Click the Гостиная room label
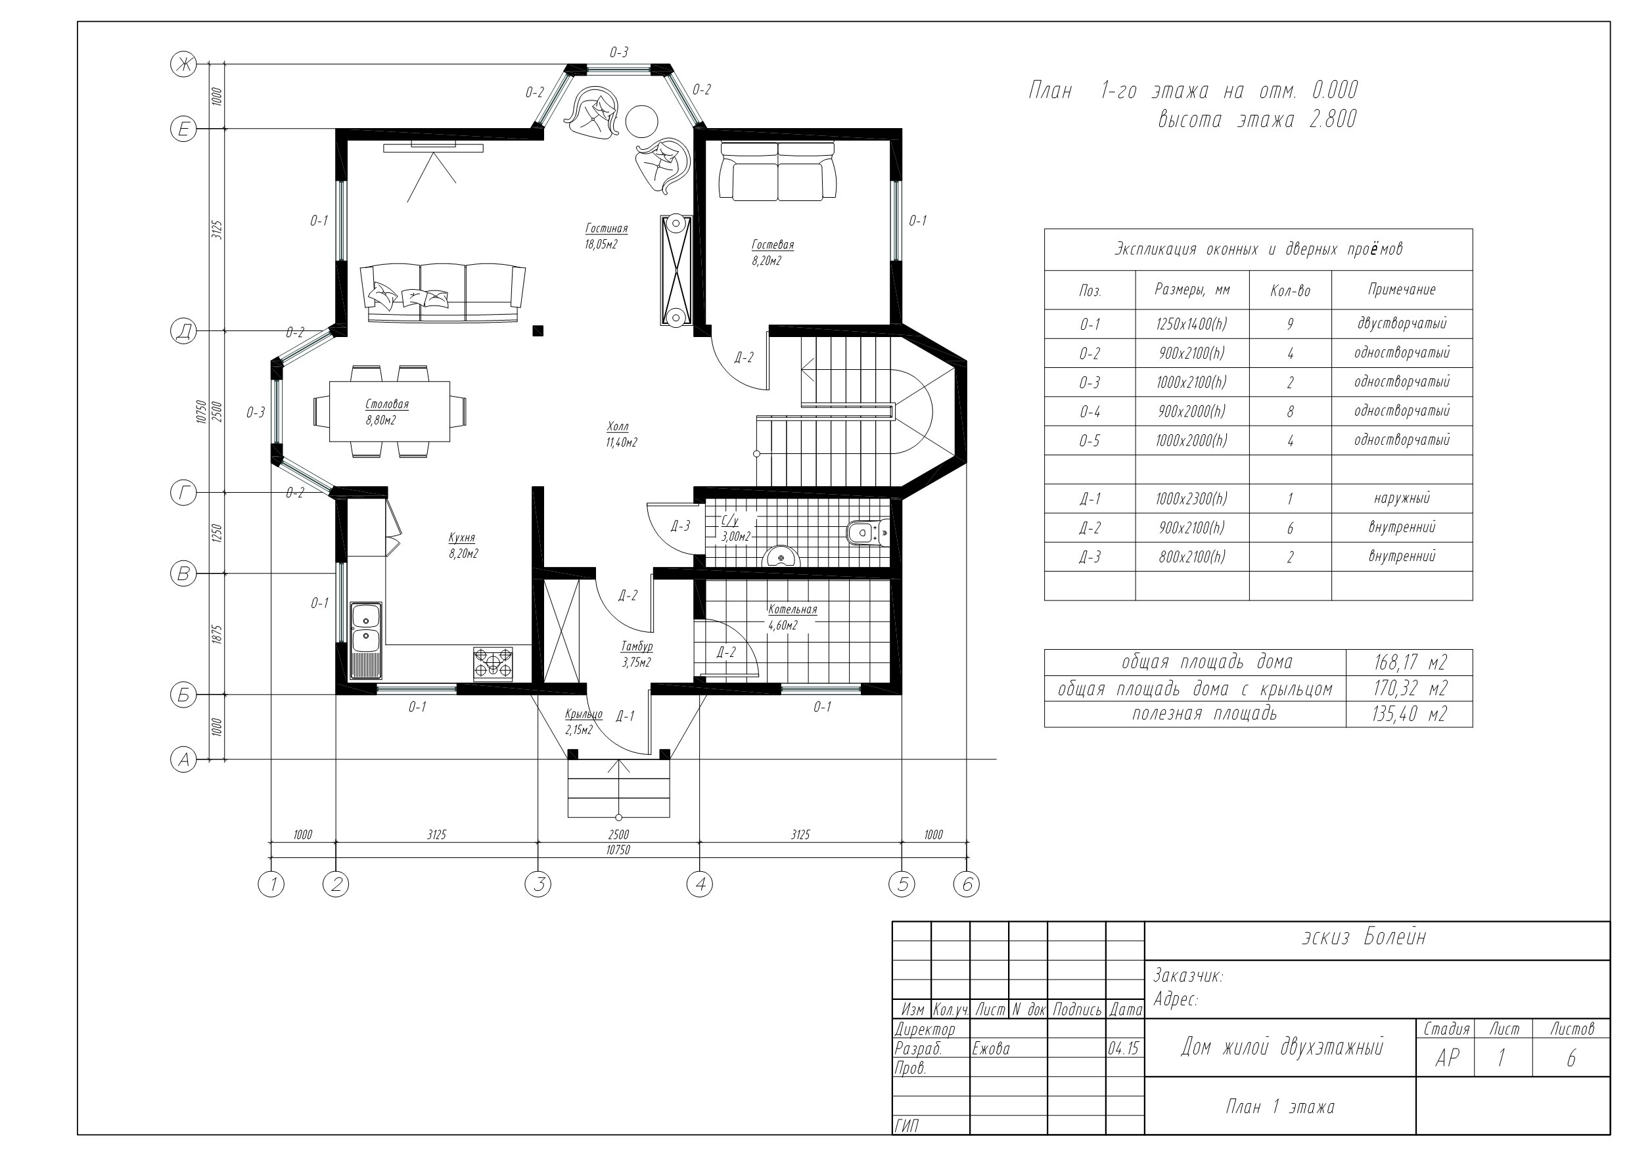click(606, 228)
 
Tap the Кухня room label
click(462, 538)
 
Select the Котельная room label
click(792, 610)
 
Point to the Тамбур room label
click(637, 646)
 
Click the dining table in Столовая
click(389, 411)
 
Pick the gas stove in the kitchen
click(493, 664)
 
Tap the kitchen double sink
click(366, 627)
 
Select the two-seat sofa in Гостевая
click(778, 171)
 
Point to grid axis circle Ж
click(183, 64)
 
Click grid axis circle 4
click(700, 884)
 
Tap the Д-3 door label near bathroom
click(680, 526)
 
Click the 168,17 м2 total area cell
click(1410, 662)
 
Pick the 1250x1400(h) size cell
click(1191, 324)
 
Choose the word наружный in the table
click(1402, 498)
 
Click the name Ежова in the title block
click(991, 1049)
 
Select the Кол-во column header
click(1290, 290)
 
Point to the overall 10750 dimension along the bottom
click(618, 849)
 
